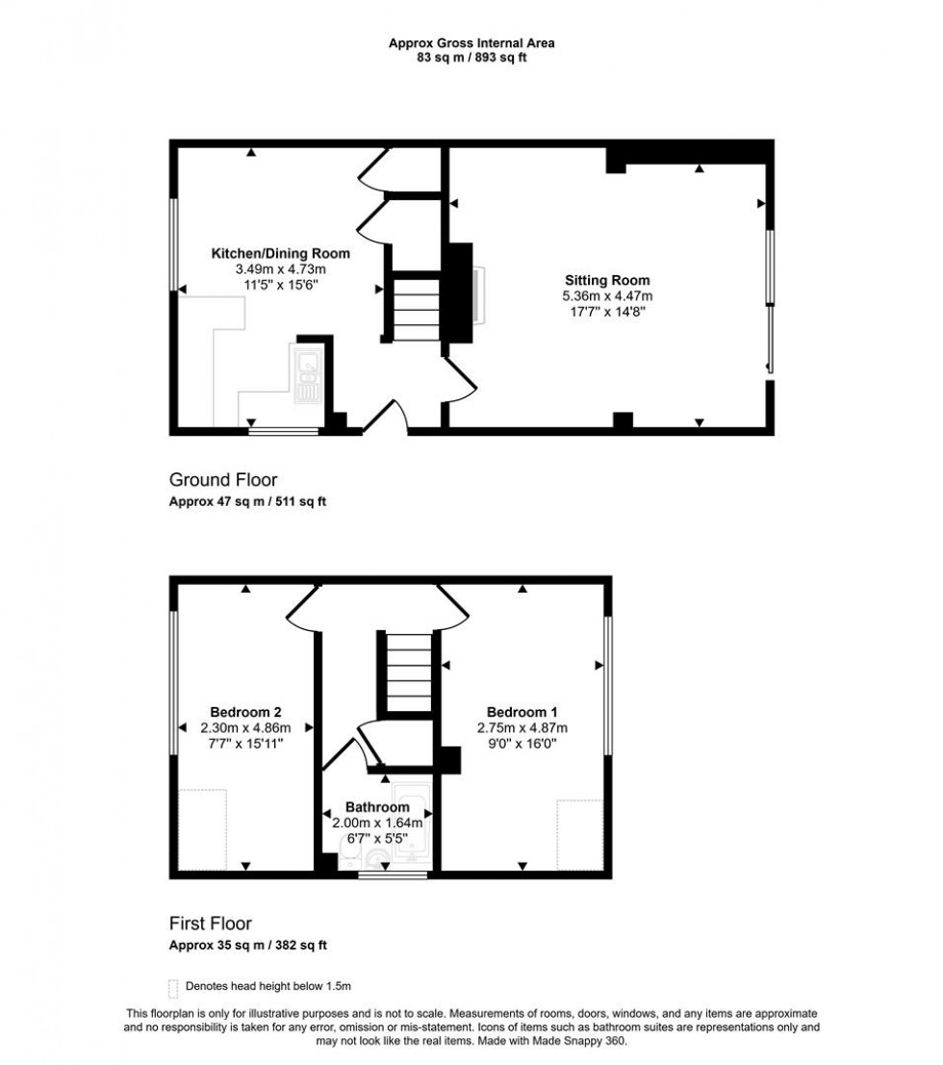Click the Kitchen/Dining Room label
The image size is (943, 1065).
[x=281, y=253]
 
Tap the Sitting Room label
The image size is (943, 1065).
[x=607, y=280]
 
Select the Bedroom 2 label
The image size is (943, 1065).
[x=245, y=712]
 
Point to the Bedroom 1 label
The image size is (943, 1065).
[x=522, y=712]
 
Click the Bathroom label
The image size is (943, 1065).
[x=377, y=807]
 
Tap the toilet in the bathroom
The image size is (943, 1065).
[x=348, y=853]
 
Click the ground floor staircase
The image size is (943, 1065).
[x=418, y=306]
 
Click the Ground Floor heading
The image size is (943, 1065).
[x=223, y=479]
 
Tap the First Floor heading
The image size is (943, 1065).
[x=211, y=923]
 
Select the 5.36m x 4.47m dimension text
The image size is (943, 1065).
[x=607, y=296]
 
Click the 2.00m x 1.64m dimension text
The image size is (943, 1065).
[x=377, y=823]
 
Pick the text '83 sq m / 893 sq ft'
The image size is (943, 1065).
[x=471, y=58]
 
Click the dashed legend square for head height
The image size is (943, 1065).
[x=173, y=988]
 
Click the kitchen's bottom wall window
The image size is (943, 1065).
[x=283, y=430]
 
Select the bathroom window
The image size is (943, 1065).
[x=392, y=875]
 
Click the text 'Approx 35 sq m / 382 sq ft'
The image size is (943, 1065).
[x=248, y=945]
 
